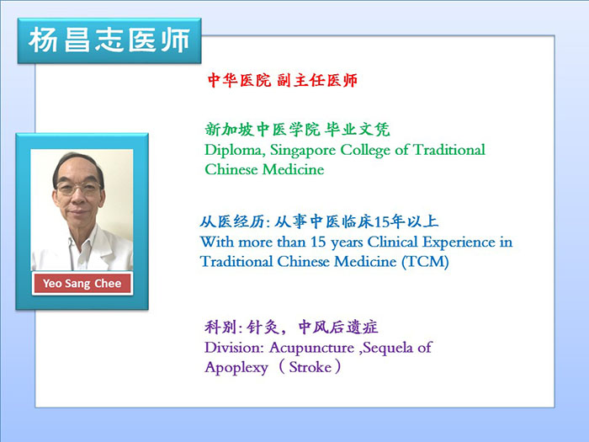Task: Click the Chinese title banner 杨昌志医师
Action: pyautogui.click(x=109, y=40)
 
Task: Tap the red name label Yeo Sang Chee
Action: pyautogui.click(x=82, y=283)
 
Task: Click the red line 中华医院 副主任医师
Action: pyautogui.click(x=282, y=80)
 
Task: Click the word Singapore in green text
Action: pyautogui.click(x=302, y=151)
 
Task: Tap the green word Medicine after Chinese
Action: pyautogui.click(x=294, y=169)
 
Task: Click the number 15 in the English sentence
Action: pyautogui.click(x=318, y=242)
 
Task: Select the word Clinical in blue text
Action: pyautogui.click(x=393, y=242)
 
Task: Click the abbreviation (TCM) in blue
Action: pyautogui.click(x=425, y=262)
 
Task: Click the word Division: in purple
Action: pyautogui.click(x=234, y=347)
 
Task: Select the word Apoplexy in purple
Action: pyautogui.click(x=236, y=367)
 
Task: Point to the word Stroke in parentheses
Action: pyautogui.click(x=310, y=367)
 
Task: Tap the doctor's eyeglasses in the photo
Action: pyautogui.click(x=78, y=188)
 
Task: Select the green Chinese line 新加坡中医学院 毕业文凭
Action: pyautogui.click(x=297, y=130)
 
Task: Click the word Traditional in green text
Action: pyautogui.click(x=448, y=150)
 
